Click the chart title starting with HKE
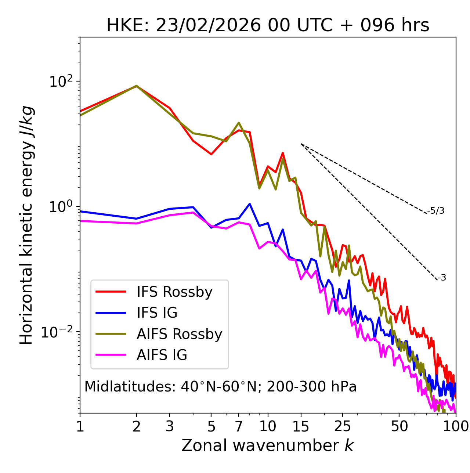pyautogui.click(x=268, y=25)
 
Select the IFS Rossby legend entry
pyautogui.click(x=174, y=292)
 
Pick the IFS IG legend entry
pyautogui.click(x=157, y=313)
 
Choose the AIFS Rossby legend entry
pyautogui.click(x=179, y=334)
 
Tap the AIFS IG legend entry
pyautogui.click(x=162, y=355)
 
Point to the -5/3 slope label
pyautogui.click(x=436, y=211)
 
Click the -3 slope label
pyautogui.click(x=442, y=278)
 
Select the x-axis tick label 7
pyautogui.click(x=239, y=426)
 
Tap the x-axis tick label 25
pyautogui.click(x=342, y=426)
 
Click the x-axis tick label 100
pyautogui.click(x=456, y=426)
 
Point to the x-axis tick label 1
pyautogui.click(x=80, y=426)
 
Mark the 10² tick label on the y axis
pyautogui.click(x=61, y=81)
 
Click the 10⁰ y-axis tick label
pyautogui.click(x=61, y=207)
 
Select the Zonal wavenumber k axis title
pyautogui.click(x=268, y=445)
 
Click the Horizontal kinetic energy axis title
pyautogui.click(x=26, y=225)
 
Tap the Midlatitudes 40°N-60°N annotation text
pyautogui.click(x=220, y=387)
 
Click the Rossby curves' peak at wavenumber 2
pyautogui.click(x=137, y=86)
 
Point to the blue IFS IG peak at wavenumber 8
pyautogui.click(x=250, y=204)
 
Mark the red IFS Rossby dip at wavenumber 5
pyautogui.click(x=211, y=154)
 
